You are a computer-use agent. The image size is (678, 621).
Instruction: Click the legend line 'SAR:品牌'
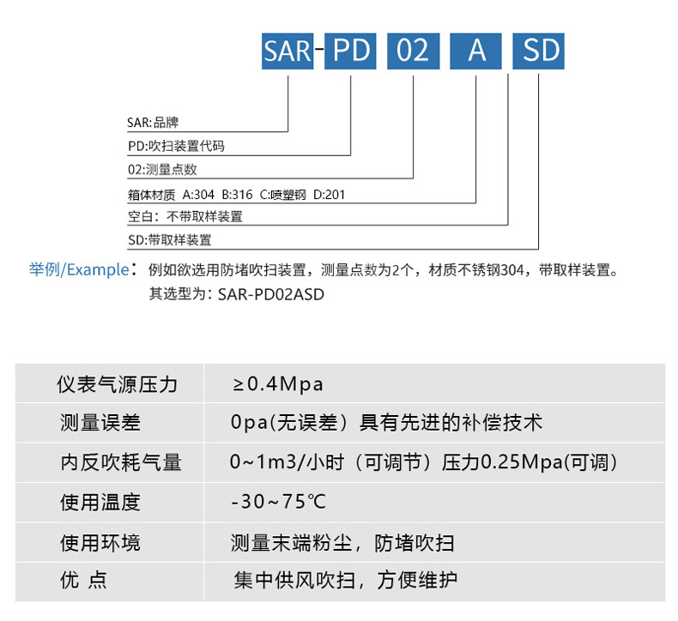click(153, 123)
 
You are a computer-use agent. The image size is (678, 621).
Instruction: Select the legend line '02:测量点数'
click(162, 170)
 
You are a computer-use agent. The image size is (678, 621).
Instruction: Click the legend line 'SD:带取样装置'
click(169, 240)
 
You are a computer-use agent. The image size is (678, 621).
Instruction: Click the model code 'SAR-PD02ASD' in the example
click(272, 293)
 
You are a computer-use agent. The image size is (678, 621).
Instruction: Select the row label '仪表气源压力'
click(118, 383)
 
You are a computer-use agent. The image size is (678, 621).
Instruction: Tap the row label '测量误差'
click(100, 423)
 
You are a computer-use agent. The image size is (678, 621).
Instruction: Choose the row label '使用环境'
click(100, 542)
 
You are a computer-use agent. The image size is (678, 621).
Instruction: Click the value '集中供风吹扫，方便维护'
click(346, 581)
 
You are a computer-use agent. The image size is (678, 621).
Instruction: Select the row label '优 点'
click(83, 581)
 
